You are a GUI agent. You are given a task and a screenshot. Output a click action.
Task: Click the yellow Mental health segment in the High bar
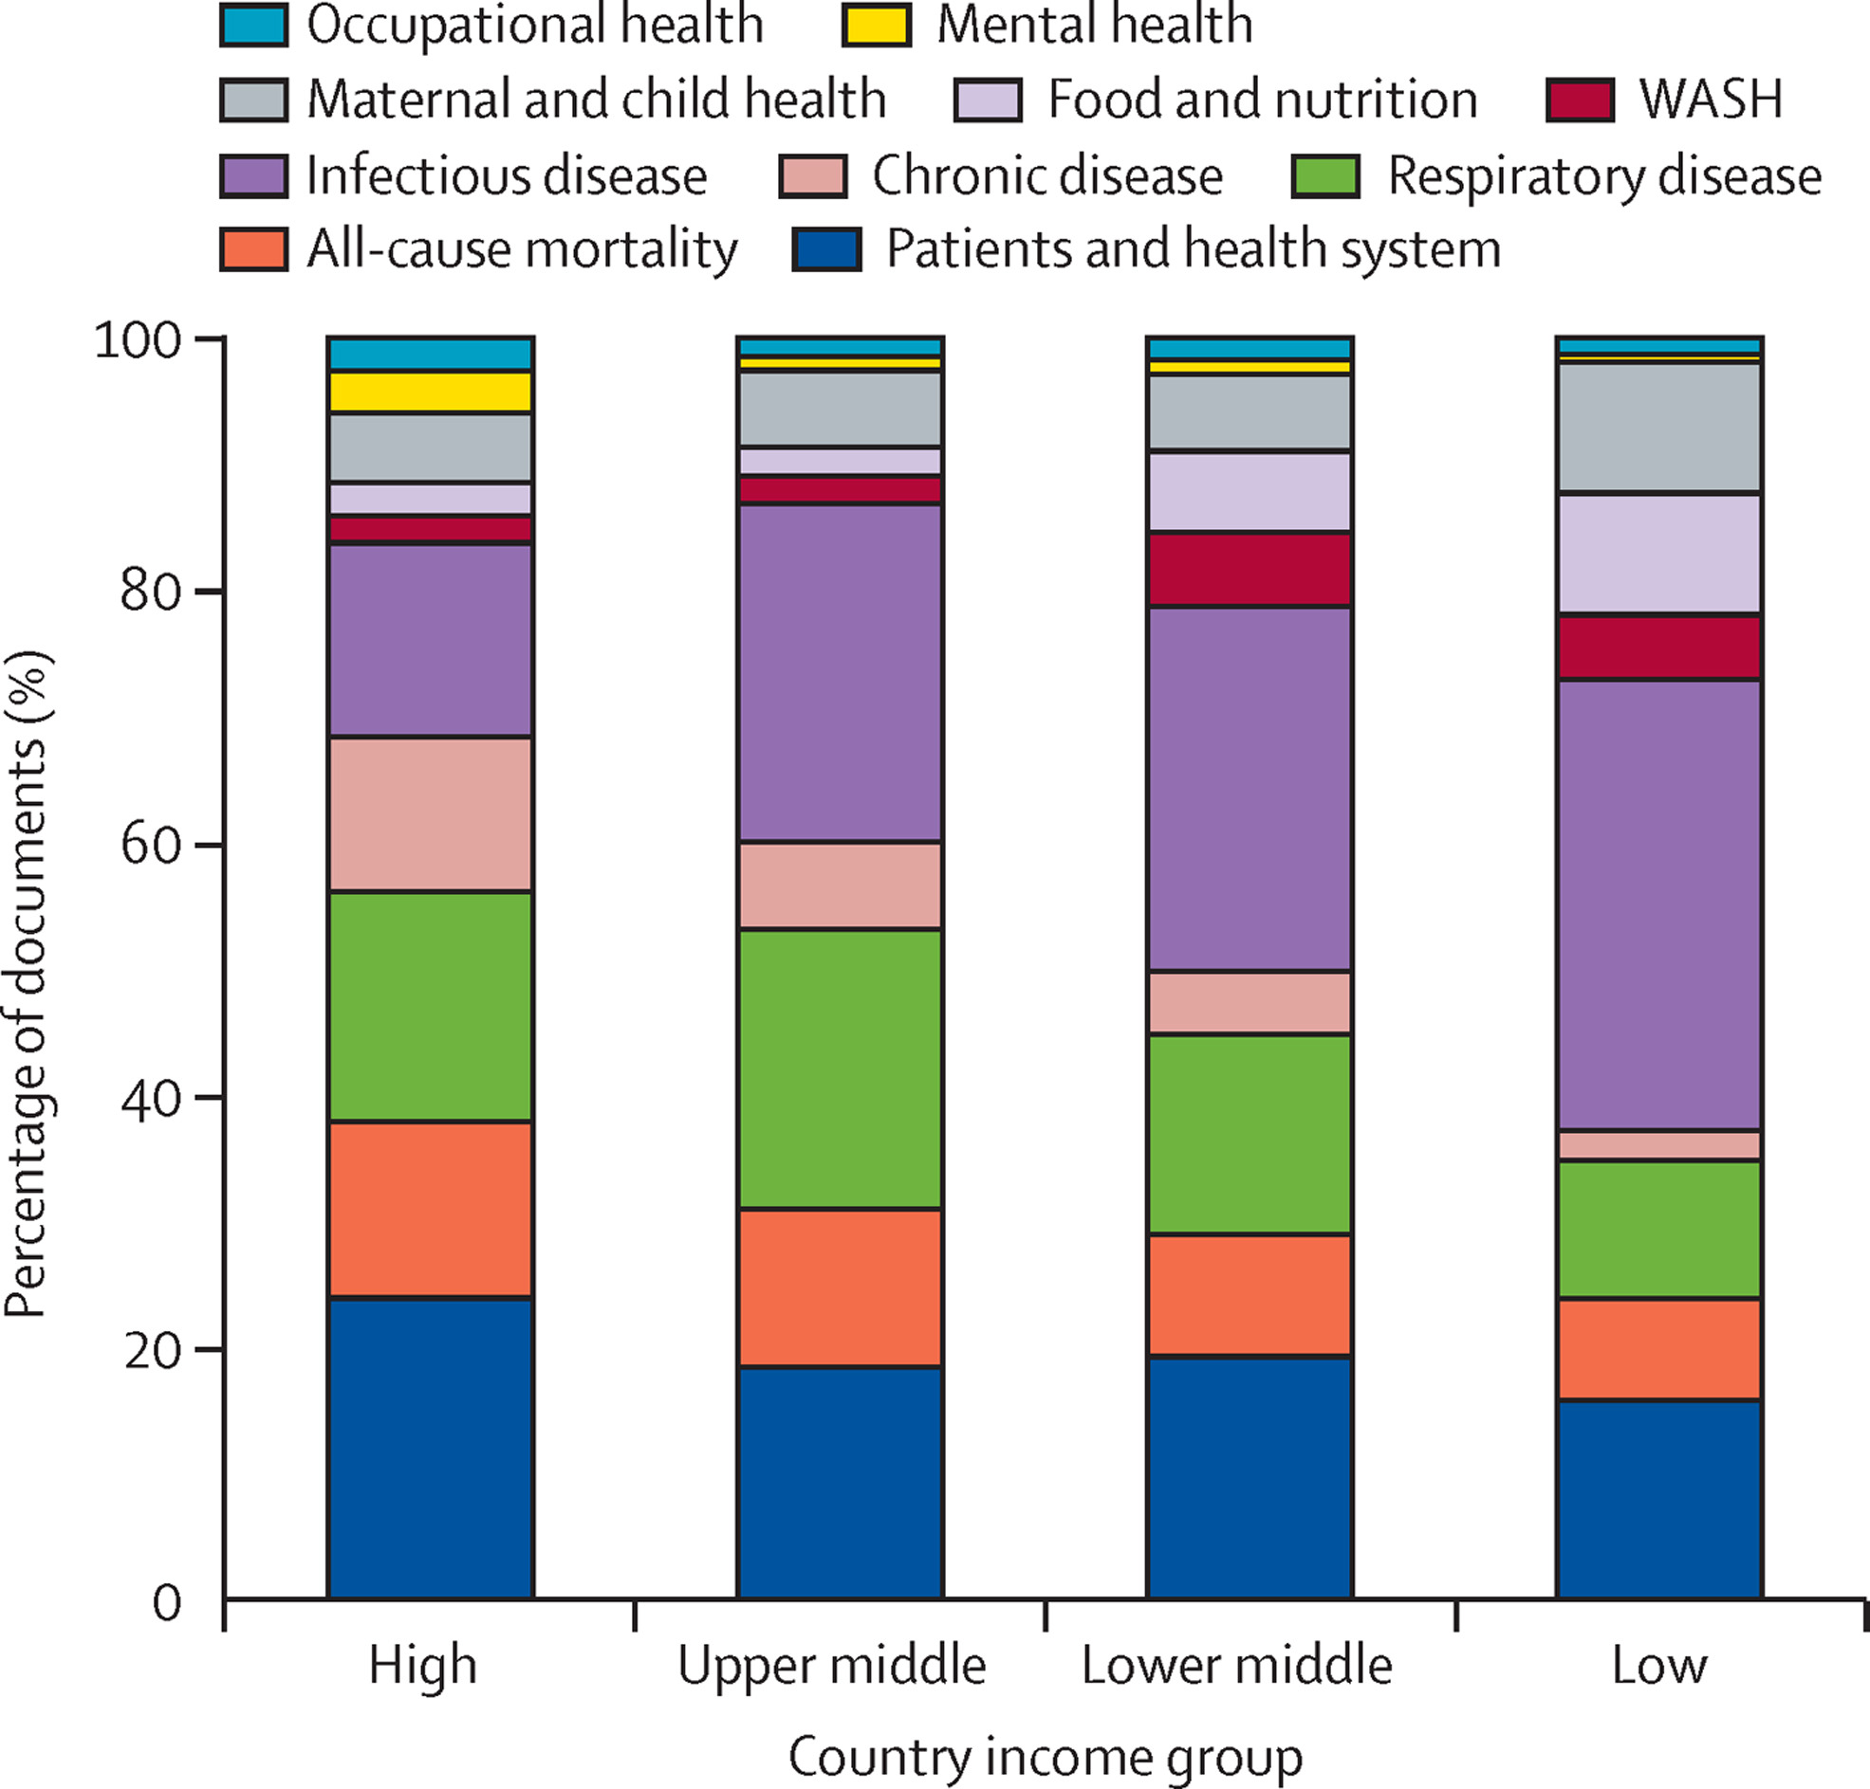(x=431, y=392)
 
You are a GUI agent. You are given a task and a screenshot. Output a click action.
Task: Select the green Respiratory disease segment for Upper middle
(x=840, y=1069)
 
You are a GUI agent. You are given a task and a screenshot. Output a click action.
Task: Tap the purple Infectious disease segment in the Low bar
(x=1658, y=905)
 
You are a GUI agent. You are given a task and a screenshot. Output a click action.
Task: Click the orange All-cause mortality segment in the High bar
(x=431, y=1209)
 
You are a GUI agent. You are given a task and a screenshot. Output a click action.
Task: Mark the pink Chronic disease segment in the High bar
(x=431, y=814)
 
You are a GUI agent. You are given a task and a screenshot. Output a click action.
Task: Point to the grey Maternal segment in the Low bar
(x=1658, y=428)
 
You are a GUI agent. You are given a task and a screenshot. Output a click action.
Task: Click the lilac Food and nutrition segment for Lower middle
(x=1249, y=491)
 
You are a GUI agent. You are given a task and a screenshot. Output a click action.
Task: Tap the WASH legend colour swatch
(x=1581, y=100)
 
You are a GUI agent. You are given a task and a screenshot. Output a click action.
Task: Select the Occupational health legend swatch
(x=253, y=26)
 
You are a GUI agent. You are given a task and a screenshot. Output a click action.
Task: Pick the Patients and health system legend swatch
(x=826, y=250)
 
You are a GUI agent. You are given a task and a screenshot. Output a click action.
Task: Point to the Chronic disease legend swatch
(x=813, y=176)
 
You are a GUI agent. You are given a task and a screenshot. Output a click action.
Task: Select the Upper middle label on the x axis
(x=832, y=1665)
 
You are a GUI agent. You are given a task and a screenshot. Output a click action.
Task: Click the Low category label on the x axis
(x=1658, y=1665)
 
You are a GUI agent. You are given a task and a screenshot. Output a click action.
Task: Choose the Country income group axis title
(x=1045, y=1757)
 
